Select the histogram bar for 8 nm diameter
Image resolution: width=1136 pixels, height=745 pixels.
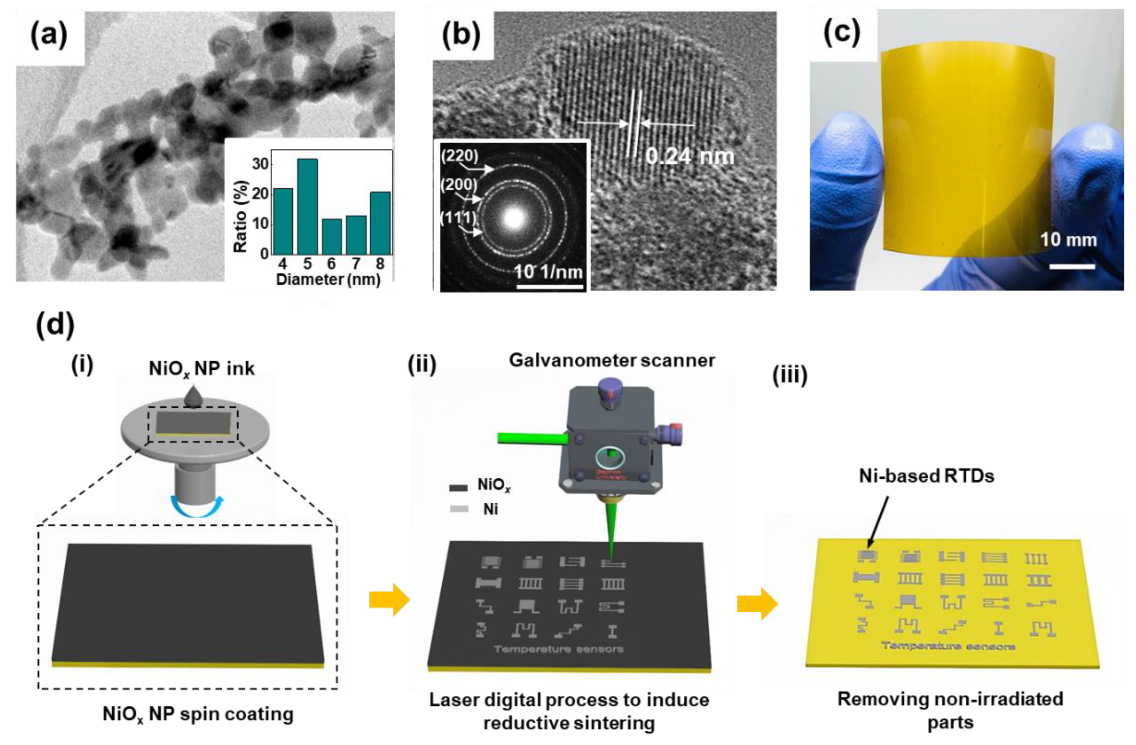pyautogui.click(x=380, y=223)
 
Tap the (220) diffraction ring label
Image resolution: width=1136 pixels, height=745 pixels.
pyautogui.click(x=459, y=155)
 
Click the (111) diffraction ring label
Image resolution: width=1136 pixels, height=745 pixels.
pyautogui.click(x=458, y=217)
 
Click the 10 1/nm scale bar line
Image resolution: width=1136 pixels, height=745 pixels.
pyautogui.click(x=550, y=287)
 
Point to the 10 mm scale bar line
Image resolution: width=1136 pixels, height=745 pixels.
pyautogui.click(x=1072, y=267)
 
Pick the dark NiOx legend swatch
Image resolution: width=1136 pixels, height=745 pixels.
pyautogui.click(x=458, y=487)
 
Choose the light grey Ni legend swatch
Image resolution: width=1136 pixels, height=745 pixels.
pyautogui.click(x=458, y=509)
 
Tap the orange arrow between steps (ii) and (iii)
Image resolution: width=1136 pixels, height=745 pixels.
pyautogui.click(x=757, y=603)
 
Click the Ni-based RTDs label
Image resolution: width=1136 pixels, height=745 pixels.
pyautogui.click(x=926, y=475)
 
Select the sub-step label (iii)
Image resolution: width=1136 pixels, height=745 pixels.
pyautogui.click(x=790, y=376)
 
